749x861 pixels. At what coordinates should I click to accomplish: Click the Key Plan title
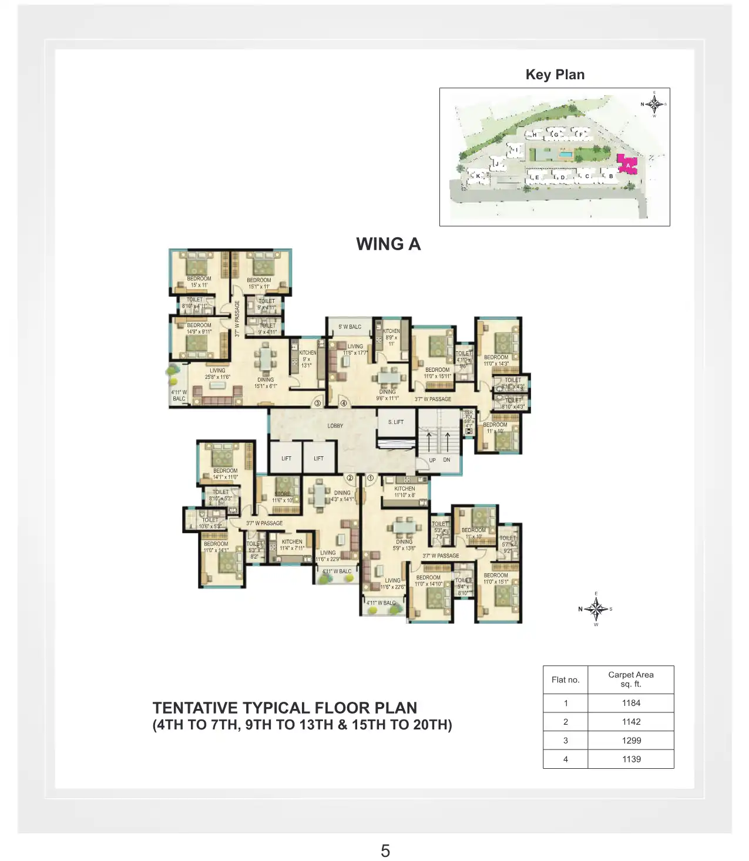(555, 75)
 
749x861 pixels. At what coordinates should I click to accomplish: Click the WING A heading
(388, 244)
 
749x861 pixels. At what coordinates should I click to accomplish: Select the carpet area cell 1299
(631, 740)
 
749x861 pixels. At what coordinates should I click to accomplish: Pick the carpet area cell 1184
(631, 702)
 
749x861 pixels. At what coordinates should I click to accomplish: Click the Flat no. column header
(565, 680)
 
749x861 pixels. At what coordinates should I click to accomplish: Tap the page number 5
(385, 850)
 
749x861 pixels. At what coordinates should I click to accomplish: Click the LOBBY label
(335, 425)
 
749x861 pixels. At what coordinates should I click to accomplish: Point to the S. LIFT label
(395, 422)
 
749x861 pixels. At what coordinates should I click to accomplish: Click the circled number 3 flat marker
(318, 403)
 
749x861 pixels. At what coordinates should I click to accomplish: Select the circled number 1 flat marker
(371, 478)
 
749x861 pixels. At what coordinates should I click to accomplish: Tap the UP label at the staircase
(432, 460)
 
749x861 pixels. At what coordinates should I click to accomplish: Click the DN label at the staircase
(446, 460)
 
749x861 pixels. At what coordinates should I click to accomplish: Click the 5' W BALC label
(350, 327)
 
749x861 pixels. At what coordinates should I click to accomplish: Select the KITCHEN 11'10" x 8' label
(404, 492)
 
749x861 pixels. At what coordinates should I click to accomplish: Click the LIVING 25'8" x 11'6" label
(217, 374)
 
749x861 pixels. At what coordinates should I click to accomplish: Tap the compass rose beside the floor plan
(596, 609)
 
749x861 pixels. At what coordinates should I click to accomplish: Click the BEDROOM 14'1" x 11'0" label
(225, 473)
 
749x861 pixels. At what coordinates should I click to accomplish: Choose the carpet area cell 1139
(631, 759)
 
